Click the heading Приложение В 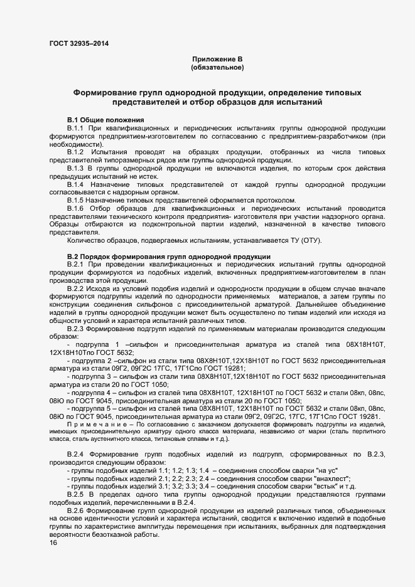click(217, 58)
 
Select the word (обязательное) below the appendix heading click(217, 66)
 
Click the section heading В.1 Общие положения click(105, 120)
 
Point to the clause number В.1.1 click(76, 128)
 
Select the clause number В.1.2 click(76, 152)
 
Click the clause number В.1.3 click(76, 169)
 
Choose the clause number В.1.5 click(76, 201)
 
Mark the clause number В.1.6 click(76, 208)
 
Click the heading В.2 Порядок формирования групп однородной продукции click(169, 257)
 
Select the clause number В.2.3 click(76, 329)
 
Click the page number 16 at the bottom click(53, 544)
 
